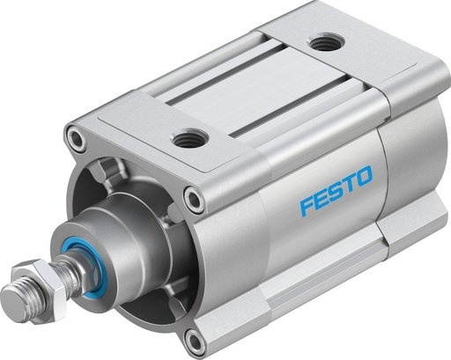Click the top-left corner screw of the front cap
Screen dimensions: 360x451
[80, 138]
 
